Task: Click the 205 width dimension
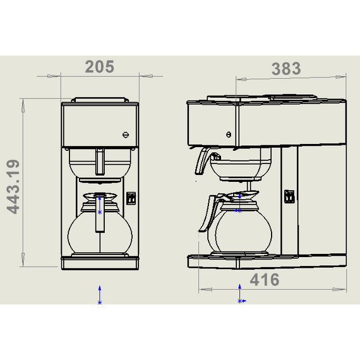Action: click(100, 66)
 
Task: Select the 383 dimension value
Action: click(285, 68)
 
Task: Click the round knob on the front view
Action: click(125, 134)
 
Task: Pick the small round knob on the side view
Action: click(228, 133)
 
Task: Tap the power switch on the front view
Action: click(131, 198)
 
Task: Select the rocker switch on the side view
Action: click(289, 196)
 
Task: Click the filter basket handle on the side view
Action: click(202, 161)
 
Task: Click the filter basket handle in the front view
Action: click(99, 161)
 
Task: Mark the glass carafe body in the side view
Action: click(243, 231)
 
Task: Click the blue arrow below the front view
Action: click(100, 295)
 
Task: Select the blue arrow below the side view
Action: click(239, 294)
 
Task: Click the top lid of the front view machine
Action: click(100, 100)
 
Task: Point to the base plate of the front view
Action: click(100, 261)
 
